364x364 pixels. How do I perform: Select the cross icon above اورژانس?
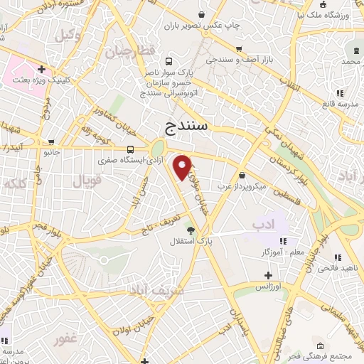[x=268, y=275]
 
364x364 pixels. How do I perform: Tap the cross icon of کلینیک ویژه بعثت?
[x=43, y=70]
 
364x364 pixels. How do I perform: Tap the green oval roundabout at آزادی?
[x=156, y=149]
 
